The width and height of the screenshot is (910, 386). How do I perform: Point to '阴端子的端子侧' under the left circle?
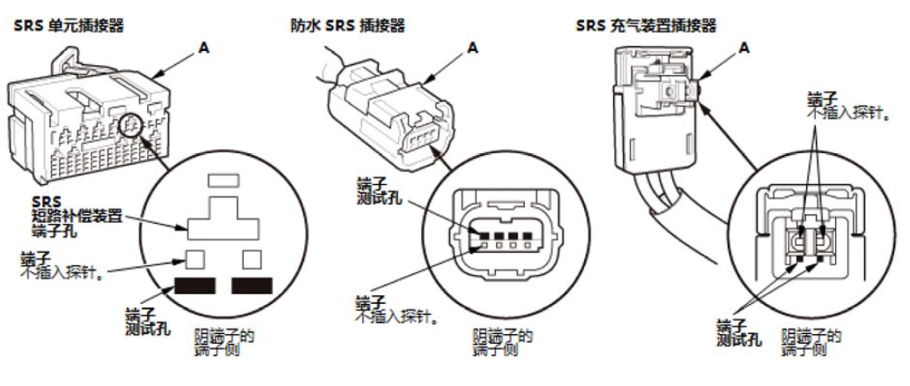click(x=222, y=342)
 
